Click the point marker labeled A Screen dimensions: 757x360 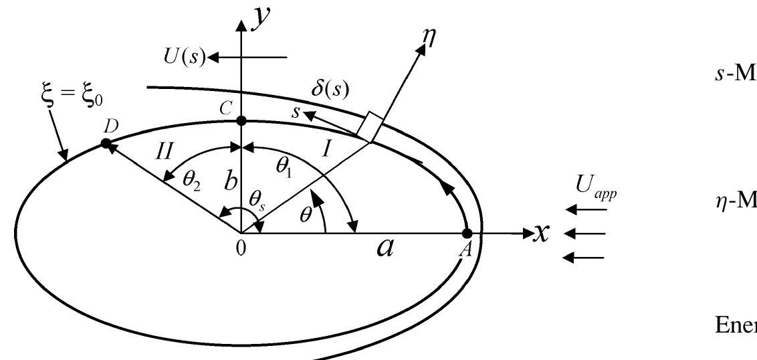(467, 234)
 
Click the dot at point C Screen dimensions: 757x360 (242, 121)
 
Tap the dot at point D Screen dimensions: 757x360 (106, 143)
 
